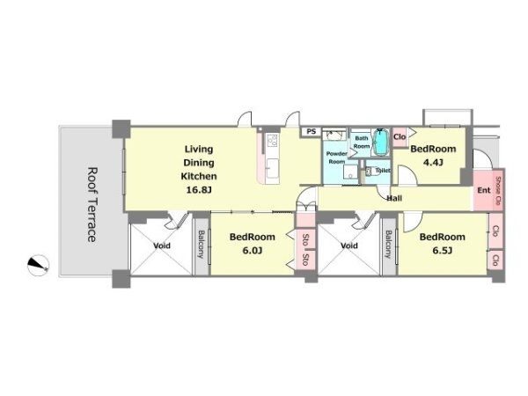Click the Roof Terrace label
(92, 205)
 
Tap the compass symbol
(39, 266)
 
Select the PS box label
(312, 131)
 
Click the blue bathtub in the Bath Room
(381, 142)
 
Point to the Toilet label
(383, 171)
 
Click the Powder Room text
(336, 158)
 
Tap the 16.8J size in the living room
(199, 190)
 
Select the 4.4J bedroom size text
(433, 163)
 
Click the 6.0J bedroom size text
(253, 250)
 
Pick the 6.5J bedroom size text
(442, 250)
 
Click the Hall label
(394, 198)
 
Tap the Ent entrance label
(484, 190)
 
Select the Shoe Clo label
(498, 191)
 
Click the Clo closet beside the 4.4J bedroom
(400, 136)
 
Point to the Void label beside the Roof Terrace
(162, 246)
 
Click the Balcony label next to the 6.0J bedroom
(202, 244)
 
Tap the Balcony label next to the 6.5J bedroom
(389, 244)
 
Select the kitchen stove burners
(272, 140)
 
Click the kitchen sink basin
(272, 168)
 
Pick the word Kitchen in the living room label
(199, 176)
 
